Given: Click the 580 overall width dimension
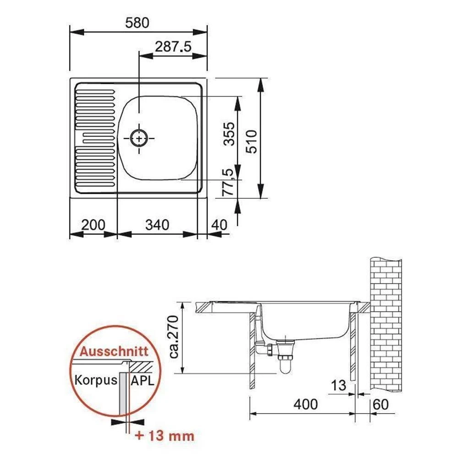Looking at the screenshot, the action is (137, 23).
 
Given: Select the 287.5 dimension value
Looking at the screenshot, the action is (173, 47).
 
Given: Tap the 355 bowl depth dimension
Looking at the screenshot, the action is (229, 134).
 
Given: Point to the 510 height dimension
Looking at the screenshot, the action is (251, 142).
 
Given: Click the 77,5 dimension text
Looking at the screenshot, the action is (228, 182).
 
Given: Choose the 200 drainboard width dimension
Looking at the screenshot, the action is (93, 225).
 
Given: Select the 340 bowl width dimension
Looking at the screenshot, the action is (157, 225).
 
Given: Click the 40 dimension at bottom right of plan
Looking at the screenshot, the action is (219, 225).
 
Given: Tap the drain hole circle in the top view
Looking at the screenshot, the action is (139, 138).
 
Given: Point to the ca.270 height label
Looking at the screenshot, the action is (174, 337).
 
